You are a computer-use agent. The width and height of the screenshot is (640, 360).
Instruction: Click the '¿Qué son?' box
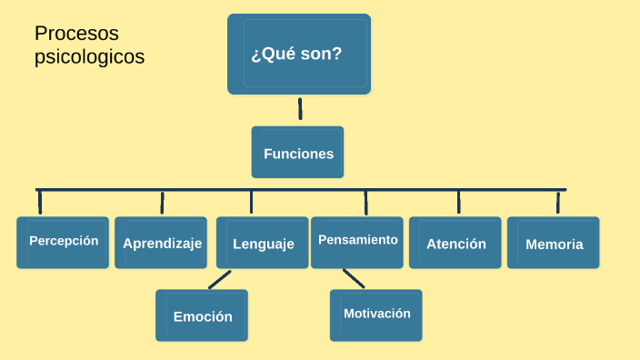(x=298, y=54)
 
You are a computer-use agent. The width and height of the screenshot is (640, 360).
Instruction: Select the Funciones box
(x=297, y=153)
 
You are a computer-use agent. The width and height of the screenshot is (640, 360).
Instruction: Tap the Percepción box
(x=63, y=242)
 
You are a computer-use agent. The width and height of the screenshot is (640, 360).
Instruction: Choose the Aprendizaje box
(x=162, y=243)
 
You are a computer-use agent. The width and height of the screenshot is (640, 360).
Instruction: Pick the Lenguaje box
(x=263, y=243)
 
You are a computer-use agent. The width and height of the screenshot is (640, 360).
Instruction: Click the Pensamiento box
(x=357, y=241)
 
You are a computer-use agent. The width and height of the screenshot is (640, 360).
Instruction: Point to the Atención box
(x=455, y=243)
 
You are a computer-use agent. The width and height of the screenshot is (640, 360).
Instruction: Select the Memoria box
(x=554, y=243)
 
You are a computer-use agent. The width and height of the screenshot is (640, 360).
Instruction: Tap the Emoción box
(x=202, y=315)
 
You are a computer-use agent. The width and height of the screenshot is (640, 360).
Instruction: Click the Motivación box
(x=376, y=314)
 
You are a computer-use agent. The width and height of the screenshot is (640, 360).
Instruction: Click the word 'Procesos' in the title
(x=77, y=34)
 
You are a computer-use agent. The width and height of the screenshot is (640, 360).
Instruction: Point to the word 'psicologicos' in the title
(x=89, y=56)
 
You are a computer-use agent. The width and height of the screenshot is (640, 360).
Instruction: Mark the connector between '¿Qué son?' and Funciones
(x=300, y=109)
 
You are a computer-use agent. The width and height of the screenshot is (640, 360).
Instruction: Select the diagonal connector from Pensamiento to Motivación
(x=354, y=279)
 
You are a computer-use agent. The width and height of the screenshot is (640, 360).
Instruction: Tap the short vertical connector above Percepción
(x=39, y=202)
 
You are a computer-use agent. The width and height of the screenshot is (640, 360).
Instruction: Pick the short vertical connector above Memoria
(x=558, y=202)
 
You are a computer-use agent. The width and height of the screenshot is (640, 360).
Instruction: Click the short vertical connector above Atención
(x=458, y=202)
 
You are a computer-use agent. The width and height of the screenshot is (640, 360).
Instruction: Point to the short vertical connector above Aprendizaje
(x=162, y=202)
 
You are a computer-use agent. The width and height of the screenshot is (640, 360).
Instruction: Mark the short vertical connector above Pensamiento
(x=365, y=202)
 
